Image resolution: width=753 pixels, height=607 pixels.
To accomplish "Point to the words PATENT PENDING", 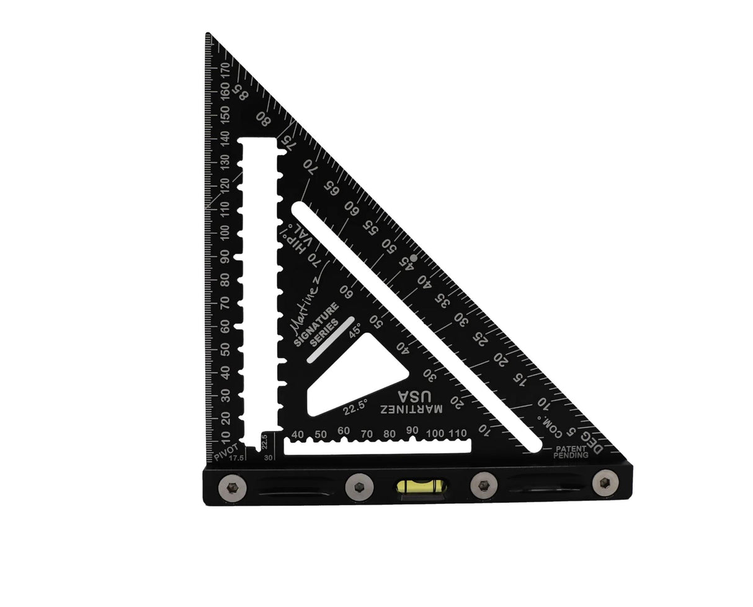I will (571, 451).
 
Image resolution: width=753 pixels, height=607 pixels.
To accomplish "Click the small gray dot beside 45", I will (414, 256).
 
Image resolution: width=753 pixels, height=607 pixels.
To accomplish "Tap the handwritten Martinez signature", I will (303, 298).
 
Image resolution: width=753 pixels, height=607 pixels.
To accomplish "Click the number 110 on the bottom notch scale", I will (458, 432).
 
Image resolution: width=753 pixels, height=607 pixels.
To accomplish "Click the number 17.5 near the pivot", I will (236, 459).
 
